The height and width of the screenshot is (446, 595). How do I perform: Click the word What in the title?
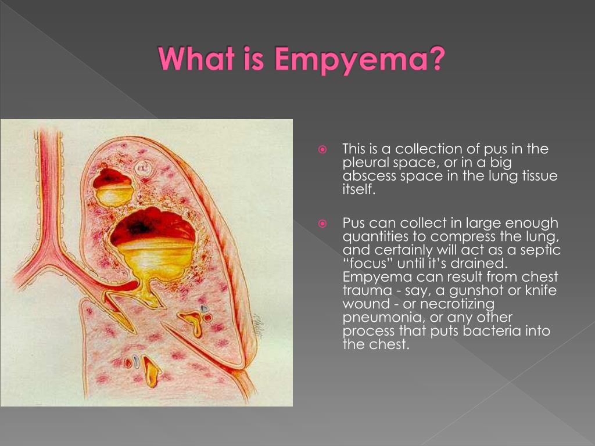196,58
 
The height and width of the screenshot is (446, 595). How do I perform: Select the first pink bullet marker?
322,149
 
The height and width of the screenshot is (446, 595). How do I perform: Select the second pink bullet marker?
322,224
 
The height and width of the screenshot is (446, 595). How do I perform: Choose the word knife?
541,290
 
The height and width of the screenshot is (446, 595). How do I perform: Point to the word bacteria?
492,330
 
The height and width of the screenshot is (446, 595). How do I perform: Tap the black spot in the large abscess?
139,228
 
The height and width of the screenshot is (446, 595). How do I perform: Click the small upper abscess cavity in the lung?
113,188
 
